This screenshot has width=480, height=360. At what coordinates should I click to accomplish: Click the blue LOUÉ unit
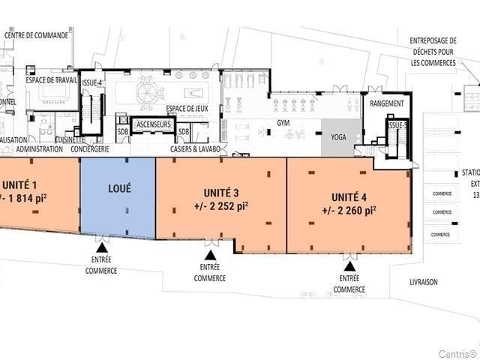pyautogui.click(x=118, y=198)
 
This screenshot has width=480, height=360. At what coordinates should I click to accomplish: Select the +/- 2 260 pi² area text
pyautogui.click(x=349, y=211)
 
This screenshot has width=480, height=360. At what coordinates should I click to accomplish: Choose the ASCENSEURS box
pyautogui.click(x=154, y=124)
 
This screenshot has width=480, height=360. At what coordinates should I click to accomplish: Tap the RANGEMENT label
pyautogui.click(x=387, y=103)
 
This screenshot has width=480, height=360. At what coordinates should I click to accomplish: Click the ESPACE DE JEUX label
pyautogui.click(x=187, y=109)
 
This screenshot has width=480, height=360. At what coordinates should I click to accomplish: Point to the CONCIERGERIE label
pyautogui.click(x=90, y=148)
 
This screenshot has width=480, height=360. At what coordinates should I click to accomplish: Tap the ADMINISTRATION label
pyautogui.click(x=40, y=148)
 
